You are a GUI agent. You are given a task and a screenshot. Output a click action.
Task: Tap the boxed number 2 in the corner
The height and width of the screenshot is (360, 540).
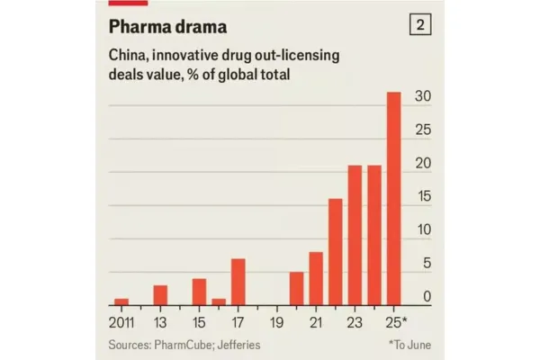pyautogui.click(x=418, y=25)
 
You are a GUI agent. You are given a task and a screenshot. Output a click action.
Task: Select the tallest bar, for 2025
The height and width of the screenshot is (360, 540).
pyautogui.click(x=393, y=198)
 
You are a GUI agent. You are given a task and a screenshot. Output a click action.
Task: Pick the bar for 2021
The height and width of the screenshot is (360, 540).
pyautogui.click(x=316, y=278)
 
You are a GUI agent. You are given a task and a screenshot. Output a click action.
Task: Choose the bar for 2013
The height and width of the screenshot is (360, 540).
pyautogui.click(x=160, y=295)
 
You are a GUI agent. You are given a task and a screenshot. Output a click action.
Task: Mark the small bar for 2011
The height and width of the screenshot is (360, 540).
pyautogui.click(x=121, y=301)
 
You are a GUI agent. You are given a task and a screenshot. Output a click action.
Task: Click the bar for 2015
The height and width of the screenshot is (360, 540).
pyautogui.click(x=199, y=292)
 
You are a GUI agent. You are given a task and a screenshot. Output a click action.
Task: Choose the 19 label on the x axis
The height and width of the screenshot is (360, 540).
pyautogui.click(x=277, y=322)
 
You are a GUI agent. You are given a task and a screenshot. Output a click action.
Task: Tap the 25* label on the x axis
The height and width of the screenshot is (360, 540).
pyautogui.click(x=397, y=322)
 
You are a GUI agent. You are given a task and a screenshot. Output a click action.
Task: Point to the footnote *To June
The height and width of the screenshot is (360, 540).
pyautogui.click(x=409, y=345)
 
